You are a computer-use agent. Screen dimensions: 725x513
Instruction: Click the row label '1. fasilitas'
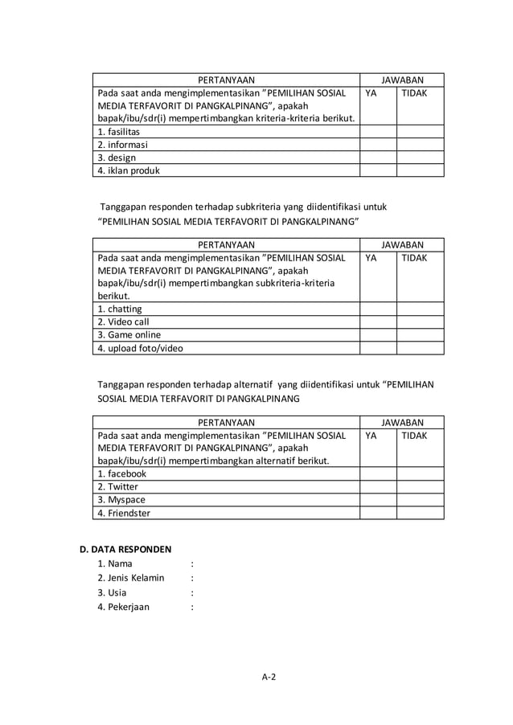pyautogui.click(x=118, y=132)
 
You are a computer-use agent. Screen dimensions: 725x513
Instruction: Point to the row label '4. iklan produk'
pyautogui.click(x=129, y=170)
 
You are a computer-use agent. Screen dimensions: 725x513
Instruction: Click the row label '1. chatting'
pyautogui.click(x=120, y=309)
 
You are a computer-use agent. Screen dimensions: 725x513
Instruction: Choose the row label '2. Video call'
pyautogui.click(x=123, y=322)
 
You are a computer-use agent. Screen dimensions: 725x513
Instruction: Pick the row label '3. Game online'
pyautogui.click(x=129, y=334)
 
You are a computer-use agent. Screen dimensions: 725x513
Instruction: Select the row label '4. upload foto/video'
pyautogui.click(x=140, y=348)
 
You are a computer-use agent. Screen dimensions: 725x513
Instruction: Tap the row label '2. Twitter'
pyautogui.click(x=117, y=487)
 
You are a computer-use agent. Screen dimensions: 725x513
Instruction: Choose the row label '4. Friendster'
pyautogui.click(x=124, y=513)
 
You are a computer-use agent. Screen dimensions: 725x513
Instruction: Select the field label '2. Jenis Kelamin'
pyautogui.click(x=130, y=578)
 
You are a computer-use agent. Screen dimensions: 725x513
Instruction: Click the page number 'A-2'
pyautogui.click(x=269, y=678)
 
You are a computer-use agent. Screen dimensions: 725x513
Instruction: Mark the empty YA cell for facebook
pyautogui.click(x=378, y=474)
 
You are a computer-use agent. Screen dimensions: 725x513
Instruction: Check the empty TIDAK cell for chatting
pyautogui.click(x=420, y=309)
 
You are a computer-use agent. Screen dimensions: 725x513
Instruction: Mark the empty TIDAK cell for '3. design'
pyautogui.click(x=420, y=158)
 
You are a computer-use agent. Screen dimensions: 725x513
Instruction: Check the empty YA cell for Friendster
pyautogui.click(x=378, y=513)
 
